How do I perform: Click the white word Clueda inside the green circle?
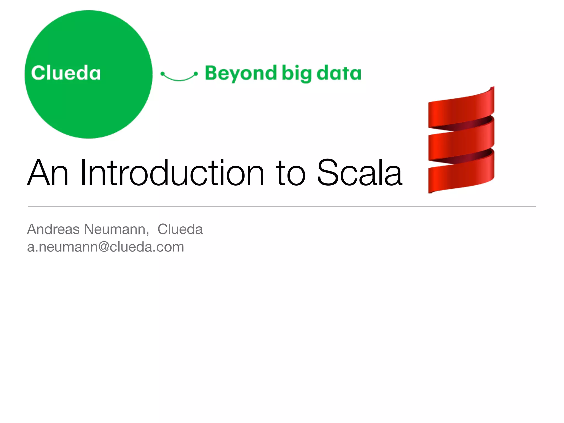click(66, 73)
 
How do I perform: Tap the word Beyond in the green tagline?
click(240, 74)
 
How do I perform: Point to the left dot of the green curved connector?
click(162, 74)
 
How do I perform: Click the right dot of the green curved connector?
click(196, 74)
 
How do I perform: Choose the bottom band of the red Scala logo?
click(461, 176)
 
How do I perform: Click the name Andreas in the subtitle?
click(53, 229)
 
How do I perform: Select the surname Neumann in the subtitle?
click(116, 229)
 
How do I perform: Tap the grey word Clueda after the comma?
click(180, 229)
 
